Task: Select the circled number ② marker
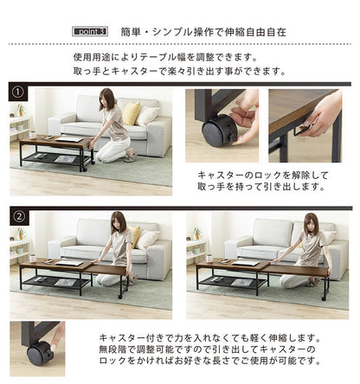[17, 215]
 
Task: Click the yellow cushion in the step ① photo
[131, 113]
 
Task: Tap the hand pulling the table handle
[324, 114]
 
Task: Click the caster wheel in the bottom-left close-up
[38, 351]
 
